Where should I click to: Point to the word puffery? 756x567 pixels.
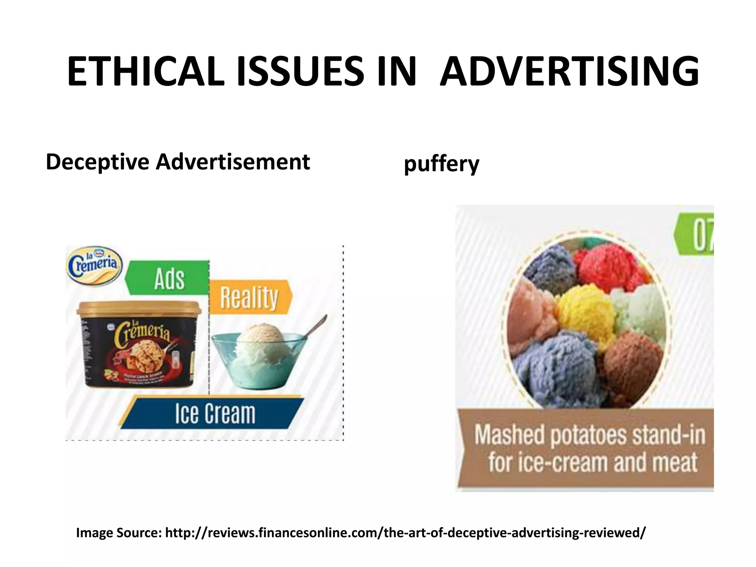(441, 164)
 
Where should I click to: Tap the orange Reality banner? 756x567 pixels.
(250, 297)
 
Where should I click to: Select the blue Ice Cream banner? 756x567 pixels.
(214, 413)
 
